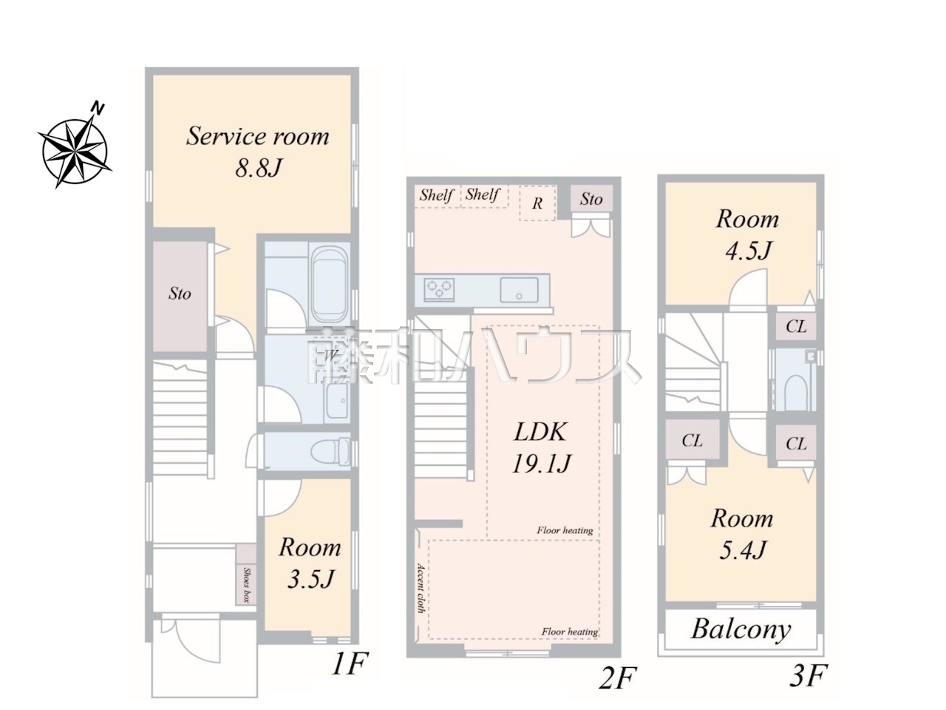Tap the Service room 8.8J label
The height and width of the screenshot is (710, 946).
click(258, 152)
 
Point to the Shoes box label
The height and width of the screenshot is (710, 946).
click(247, 585)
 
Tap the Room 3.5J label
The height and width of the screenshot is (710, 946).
click(310, 563)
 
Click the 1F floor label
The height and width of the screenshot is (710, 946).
click(350, 663)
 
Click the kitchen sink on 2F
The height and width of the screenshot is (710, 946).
click(519, 289)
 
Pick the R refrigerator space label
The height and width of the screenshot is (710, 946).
click(537, 203)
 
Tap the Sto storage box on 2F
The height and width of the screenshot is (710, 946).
click(591, 198)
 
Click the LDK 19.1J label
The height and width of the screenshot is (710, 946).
click(541, 447)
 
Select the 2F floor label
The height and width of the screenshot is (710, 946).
click(618, 677)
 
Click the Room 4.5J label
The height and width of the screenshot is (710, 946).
click(748, 234)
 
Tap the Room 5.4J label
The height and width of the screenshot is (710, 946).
click(742, 534)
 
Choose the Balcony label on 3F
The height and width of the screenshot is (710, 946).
click(741, 630)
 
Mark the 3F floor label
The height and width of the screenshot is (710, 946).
click(809, 675)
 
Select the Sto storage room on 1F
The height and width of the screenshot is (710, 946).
click(180, 295)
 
